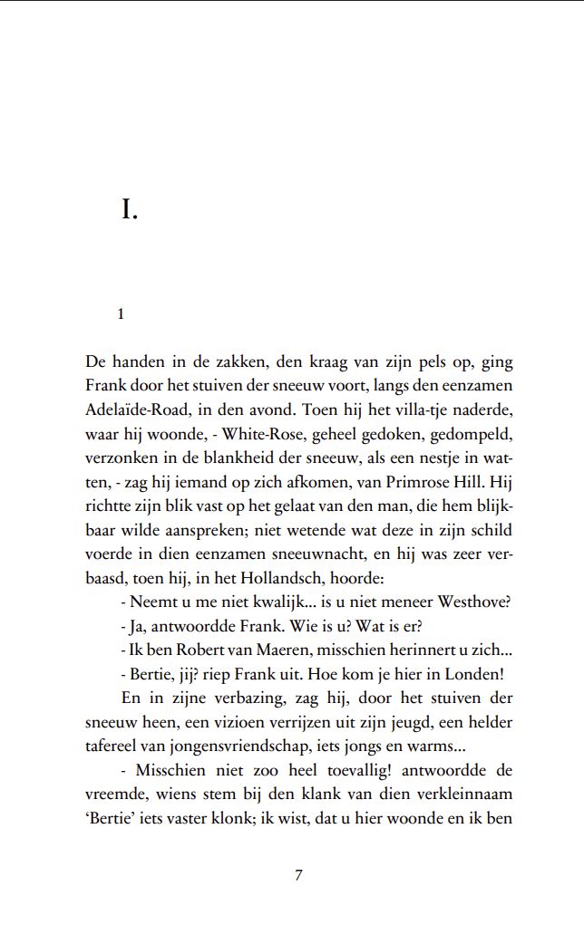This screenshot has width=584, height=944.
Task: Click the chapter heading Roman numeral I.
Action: click(129, 211)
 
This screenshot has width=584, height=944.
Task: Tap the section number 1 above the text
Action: click(121, 314)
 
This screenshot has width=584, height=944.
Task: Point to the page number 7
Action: click(298, 875)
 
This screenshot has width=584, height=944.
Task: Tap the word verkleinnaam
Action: click(462, 795)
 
